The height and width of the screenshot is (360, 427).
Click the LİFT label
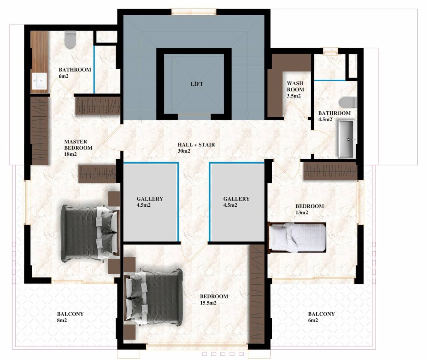pos(197,84)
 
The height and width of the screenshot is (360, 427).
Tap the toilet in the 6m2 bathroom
pos(70,39)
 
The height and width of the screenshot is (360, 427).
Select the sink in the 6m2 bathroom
pos(39,81)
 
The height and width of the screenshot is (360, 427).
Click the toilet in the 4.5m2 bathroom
pos(348,102)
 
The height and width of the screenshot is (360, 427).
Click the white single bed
pos(297,238)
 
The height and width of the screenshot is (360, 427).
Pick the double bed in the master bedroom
pos(90,234)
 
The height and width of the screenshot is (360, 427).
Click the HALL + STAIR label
pos(196,145)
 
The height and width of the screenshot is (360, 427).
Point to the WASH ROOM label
pos(295,86)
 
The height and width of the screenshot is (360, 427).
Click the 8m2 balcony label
pos(70,317)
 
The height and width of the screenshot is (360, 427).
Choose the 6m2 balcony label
pos(321,317)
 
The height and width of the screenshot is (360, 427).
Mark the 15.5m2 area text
pos(208,303)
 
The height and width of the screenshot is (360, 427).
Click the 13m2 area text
pos(302,213)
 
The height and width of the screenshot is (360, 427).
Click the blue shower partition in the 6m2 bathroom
pos(94,69)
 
